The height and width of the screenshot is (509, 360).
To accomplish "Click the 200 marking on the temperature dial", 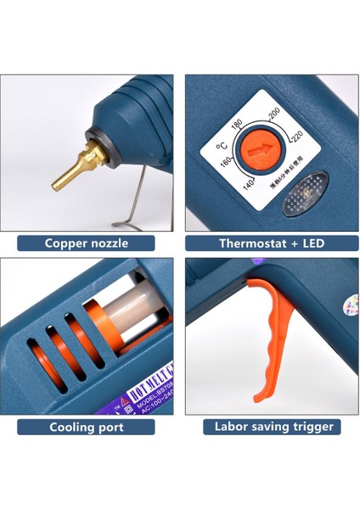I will click(273, 114).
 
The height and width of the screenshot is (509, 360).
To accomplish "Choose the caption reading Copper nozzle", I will click(87, 243).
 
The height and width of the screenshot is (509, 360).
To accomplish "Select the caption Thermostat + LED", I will click(272, 243).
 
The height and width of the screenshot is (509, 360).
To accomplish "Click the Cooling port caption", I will click(87, 427).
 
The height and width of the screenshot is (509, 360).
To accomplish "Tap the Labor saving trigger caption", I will click(273, 427).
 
